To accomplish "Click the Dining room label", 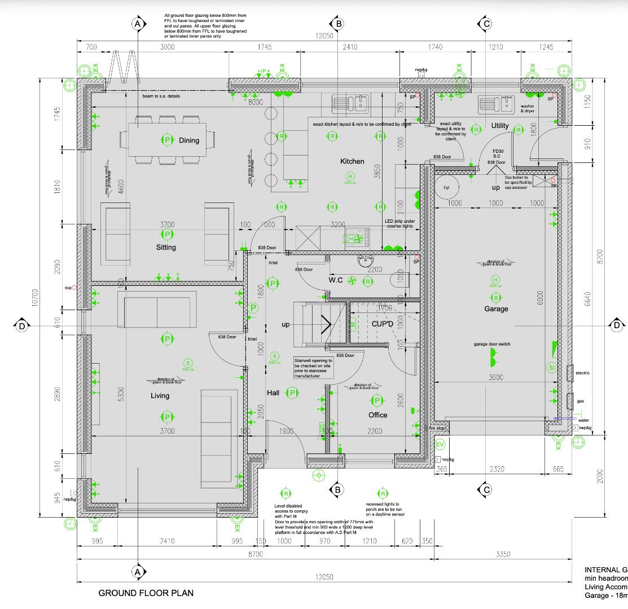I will pyautogui.click(x=189, y=140).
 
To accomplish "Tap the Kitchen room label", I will pyautogui.click(x=352, y=161).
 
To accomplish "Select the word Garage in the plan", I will pyautogui.click(x=496, y=308).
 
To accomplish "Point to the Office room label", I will pyautogui.click(x=377, y=415).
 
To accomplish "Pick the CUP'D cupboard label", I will pyautogui.click(x=382, y=324).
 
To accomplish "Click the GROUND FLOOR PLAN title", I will pyautogui.click(x=146, y=593).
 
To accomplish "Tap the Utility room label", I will pyautogui.click(x=499, y=125).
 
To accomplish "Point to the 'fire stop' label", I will pyautogui.click(x=437, y=429).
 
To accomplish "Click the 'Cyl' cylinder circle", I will pyautogui.click(x=447, y=188).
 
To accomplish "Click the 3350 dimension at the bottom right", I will pyautogui.click(x=503, y=554).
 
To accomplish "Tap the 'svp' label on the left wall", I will pyautogui.click(x=69, y=288).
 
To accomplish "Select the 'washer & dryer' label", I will pyautogui.click(x=527, y=108).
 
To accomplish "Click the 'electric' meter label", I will pyautogui.click(x=582, y=373).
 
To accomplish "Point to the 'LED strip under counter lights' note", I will pyautogui.click(x=400, y=224).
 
